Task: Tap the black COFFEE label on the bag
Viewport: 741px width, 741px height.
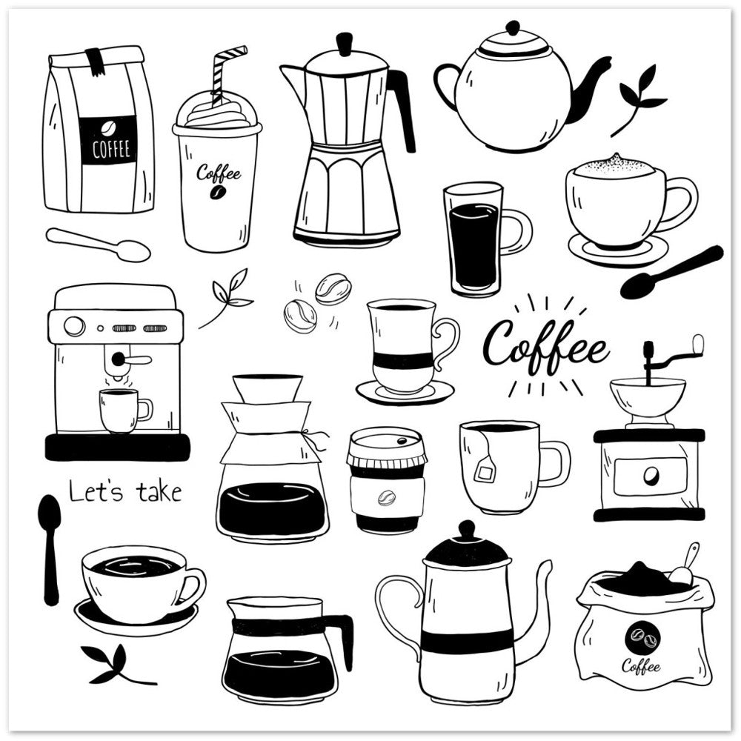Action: click(108, 141)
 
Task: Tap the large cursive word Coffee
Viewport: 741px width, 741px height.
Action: click(546, 346)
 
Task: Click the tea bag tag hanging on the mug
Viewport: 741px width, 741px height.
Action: click(486, 469)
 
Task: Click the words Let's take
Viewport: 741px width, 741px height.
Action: click(125, 491)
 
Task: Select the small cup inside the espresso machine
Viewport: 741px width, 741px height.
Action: click(122, 410)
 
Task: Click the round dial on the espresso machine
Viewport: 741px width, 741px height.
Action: click(74, 326)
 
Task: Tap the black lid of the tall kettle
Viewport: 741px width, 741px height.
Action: click(467, 548)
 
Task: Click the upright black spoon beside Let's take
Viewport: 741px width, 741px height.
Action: click(50, 548)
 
